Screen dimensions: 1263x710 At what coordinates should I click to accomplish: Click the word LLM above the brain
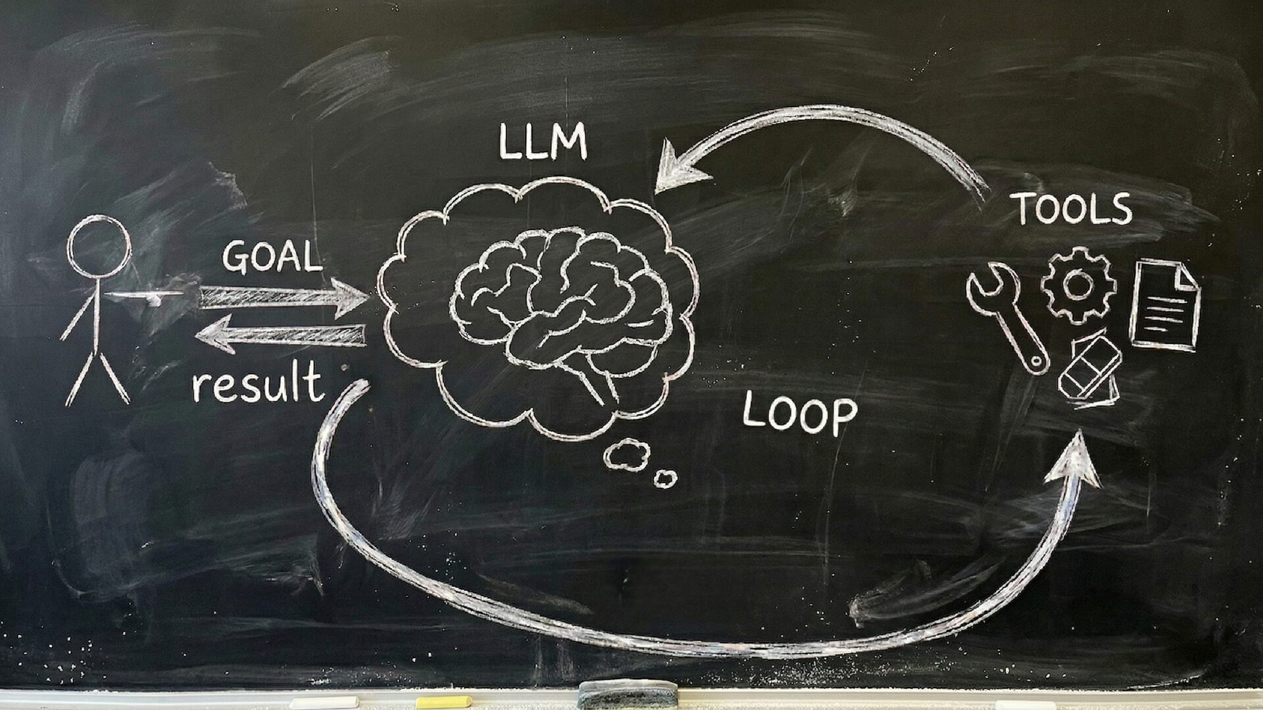[543, 143]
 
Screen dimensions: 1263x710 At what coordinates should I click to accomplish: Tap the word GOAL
[272, 256]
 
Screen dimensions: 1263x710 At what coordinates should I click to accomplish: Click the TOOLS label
[1074, 208]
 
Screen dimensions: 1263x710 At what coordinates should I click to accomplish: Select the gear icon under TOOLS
[1078, 285]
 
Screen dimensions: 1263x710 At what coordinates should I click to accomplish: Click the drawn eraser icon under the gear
[1091, 368]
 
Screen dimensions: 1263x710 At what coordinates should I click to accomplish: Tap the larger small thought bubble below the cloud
[627, 454]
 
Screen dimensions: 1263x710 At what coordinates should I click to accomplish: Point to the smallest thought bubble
[666, 479]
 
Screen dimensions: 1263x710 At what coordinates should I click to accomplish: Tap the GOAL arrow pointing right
[283, 296]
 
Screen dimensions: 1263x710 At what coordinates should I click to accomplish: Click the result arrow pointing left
[280, 334]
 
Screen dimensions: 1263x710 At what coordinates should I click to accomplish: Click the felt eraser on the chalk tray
[628, 694]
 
